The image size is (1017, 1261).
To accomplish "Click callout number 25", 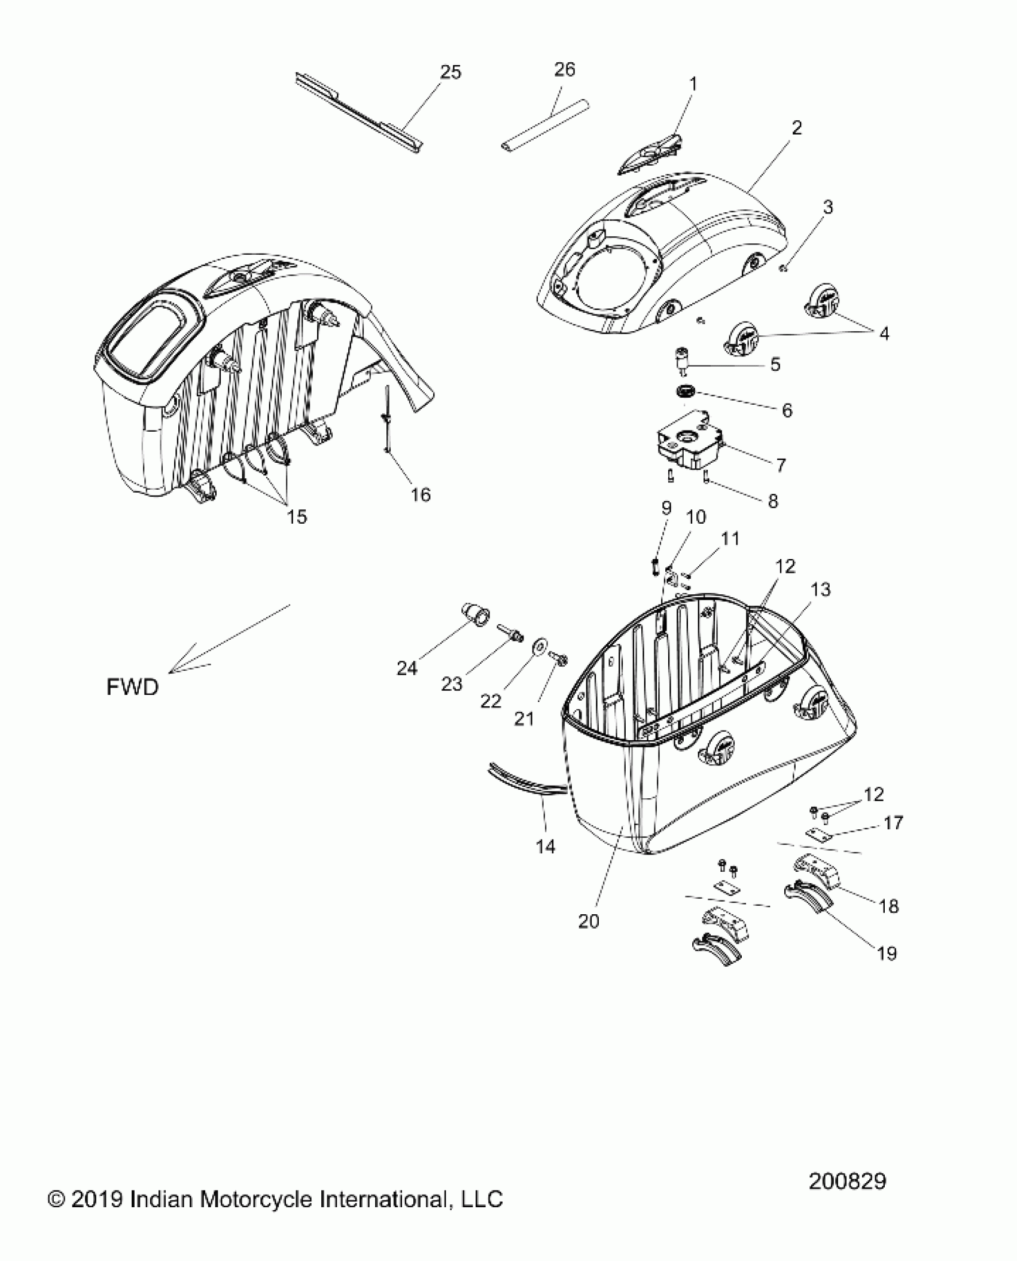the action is (450, 72).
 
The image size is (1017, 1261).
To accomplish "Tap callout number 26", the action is (564, 70).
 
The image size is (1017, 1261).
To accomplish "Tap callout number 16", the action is (421, 494).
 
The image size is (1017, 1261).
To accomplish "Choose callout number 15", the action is (297, 516).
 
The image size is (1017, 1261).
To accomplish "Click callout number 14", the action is (546, 846).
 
